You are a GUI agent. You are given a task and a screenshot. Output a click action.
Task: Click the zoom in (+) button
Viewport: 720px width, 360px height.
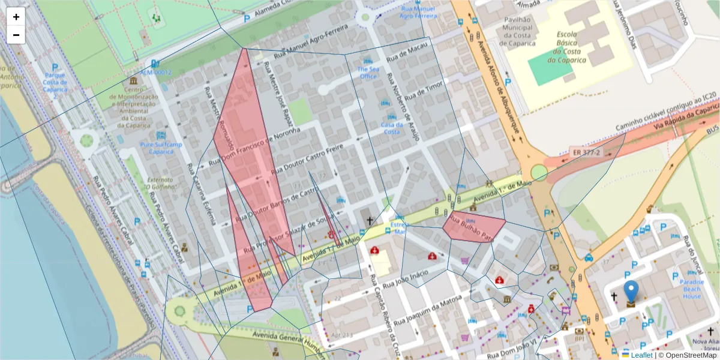pos(16,17)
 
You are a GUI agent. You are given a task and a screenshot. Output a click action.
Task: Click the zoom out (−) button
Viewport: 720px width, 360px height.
pos(16,35)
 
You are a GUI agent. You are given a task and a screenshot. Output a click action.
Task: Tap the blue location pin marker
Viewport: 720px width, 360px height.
pos(631,292)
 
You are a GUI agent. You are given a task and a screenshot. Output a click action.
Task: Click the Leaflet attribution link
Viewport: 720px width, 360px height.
pos(641,355)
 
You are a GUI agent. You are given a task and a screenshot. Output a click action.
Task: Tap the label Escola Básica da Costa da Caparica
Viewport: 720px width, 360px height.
pos(566,47)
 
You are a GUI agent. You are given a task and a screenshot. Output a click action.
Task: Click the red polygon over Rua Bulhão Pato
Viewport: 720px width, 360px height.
pos(473,226)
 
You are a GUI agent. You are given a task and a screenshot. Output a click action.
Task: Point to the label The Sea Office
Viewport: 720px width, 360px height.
pos(368,73)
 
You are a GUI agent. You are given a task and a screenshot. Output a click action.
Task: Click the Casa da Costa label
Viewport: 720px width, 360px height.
pos(391,128)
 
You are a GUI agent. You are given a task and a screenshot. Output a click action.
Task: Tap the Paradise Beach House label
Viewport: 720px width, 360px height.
pos(692,289)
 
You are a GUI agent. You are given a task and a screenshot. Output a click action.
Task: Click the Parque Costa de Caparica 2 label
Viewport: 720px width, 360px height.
pos(55,85)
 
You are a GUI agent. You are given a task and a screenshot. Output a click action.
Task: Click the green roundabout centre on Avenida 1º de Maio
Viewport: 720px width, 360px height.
pos(539,173)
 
